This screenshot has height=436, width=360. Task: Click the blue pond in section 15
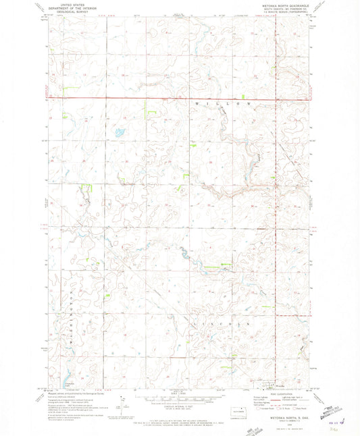pos(120,132)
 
